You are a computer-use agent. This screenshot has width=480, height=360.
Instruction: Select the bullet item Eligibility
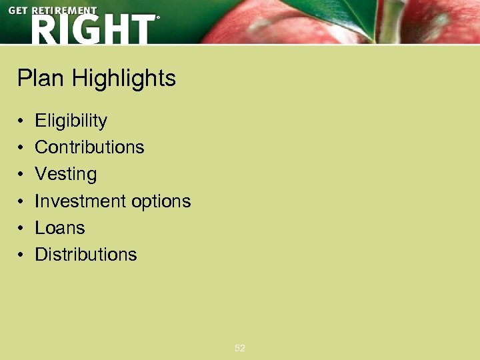pyautogui.click(x=71, y=121)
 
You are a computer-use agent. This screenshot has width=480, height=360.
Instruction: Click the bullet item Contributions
pyautogui.click(x=89, y=147)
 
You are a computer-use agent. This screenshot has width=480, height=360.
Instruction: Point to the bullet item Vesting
pyautogui.click(x=65, y=174)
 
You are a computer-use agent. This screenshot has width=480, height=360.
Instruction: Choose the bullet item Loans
pyautogui.click(x=59, y=227)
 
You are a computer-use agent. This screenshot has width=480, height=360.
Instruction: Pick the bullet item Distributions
pyautogui.click(x=85, y=254)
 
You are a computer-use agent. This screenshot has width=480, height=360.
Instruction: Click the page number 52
pyautogui.click(x=240, y=348)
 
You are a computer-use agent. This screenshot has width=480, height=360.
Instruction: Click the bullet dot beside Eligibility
pyautogui.click(x=21, y=121)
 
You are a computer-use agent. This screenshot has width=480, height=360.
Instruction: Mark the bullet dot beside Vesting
pyautogui.click(x=21, y=175)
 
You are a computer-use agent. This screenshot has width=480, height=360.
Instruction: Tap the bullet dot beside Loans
pyautogui.click(x=21, y=228)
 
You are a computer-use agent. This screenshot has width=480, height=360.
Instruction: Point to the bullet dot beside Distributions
pyautogui.click(x=21, y=255)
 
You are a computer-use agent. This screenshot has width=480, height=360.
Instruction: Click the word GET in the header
pyautogui.click(x=19, y=11)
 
